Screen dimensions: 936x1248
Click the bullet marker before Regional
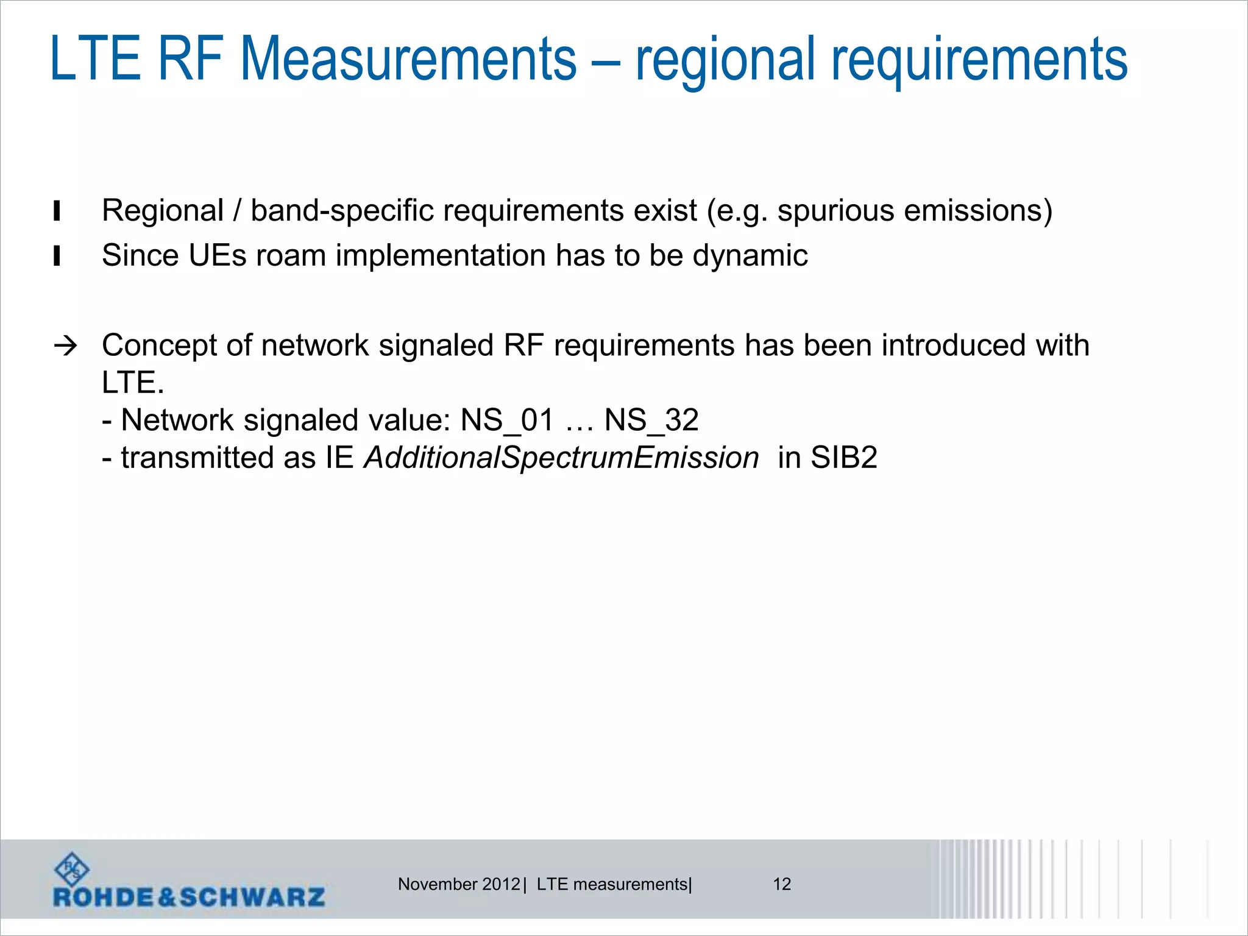57,211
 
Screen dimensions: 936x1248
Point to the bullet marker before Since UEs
57,256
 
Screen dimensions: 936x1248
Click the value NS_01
507,420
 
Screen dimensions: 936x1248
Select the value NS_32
651,420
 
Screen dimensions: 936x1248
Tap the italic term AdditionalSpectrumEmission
561,458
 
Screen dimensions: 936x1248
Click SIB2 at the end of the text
843,458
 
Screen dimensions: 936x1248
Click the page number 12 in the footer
782,884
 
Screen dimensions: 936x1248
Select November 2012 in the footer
459,884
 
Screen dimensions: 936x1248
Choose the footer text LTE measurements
612,884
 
